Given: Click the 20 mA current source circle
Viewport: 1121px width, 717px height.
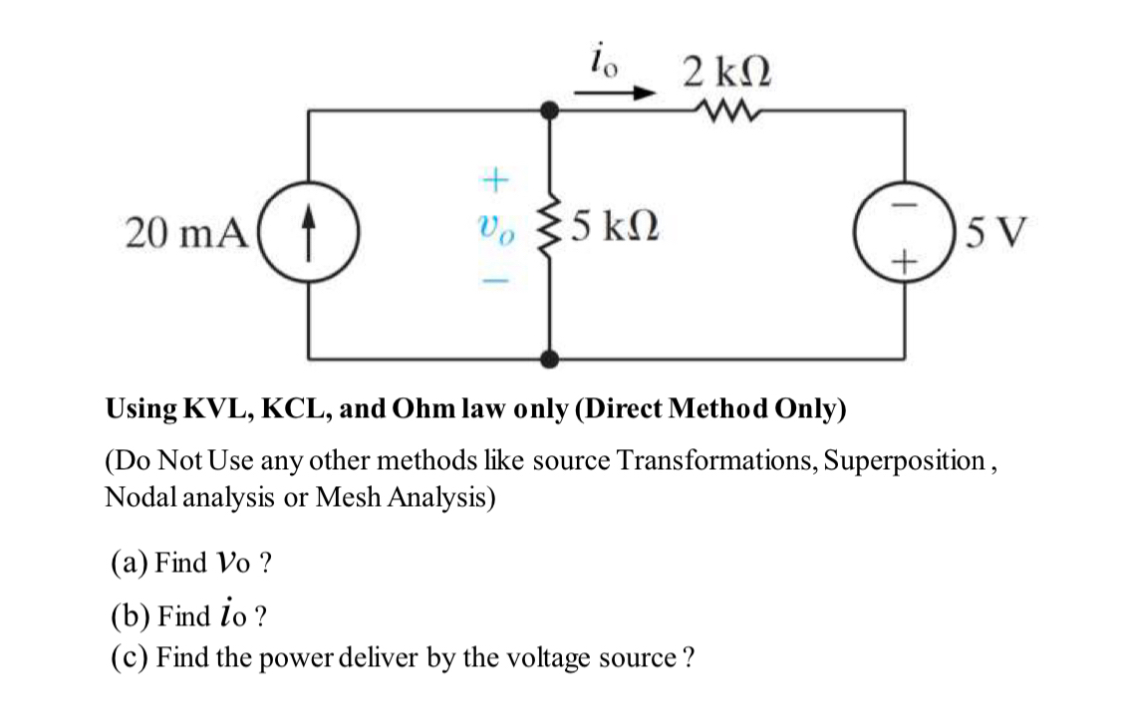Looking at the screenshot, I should [309, 234].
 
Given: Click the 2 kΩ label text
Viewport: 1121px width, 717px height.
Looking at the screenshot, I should [727, 72].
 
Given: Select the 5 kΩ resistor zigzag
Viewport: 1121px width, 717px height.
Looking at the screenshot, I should [547, 235].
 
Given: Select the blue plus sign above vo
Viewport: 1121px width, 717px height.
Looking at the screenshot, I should [495, 181].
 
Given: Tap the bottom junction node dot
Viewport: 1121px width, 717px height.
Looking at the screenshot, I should [547, 358].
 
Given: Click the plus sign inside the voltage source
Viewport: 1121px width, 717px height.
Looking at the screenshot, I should [905, 262].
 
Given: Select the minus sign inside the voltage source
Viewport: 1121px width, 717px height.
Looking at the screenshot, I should [905, 207].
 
